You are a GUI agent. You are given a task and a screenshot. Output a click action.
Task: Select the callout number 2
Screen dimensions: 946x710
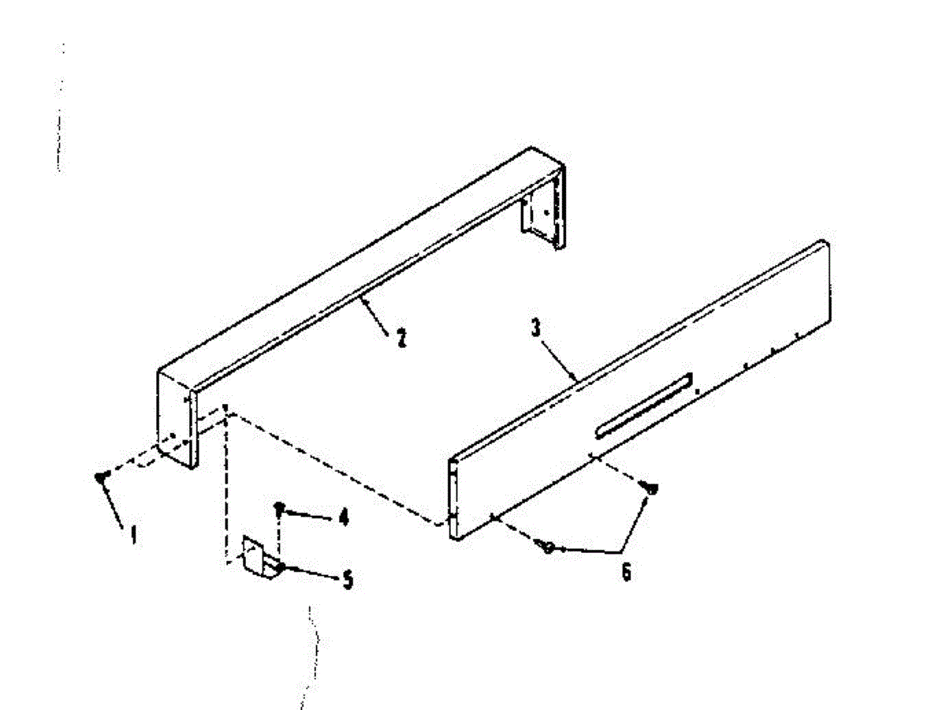(x=400, y=339)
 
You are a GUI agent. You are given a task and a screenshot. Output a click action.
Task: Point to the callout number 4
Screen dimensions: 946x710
(x=342, y=518)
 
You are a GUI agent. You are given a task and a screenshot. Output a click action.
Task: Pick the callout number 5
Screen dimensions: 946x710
(x=347, y=581)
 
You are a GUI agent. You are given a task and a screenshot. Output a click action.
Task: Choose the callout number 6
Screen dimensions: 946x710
(x=625, y=572)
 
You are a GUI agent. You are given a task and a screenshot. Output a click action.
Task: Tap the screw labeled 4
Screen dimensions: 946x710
(x=278, y=508)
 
